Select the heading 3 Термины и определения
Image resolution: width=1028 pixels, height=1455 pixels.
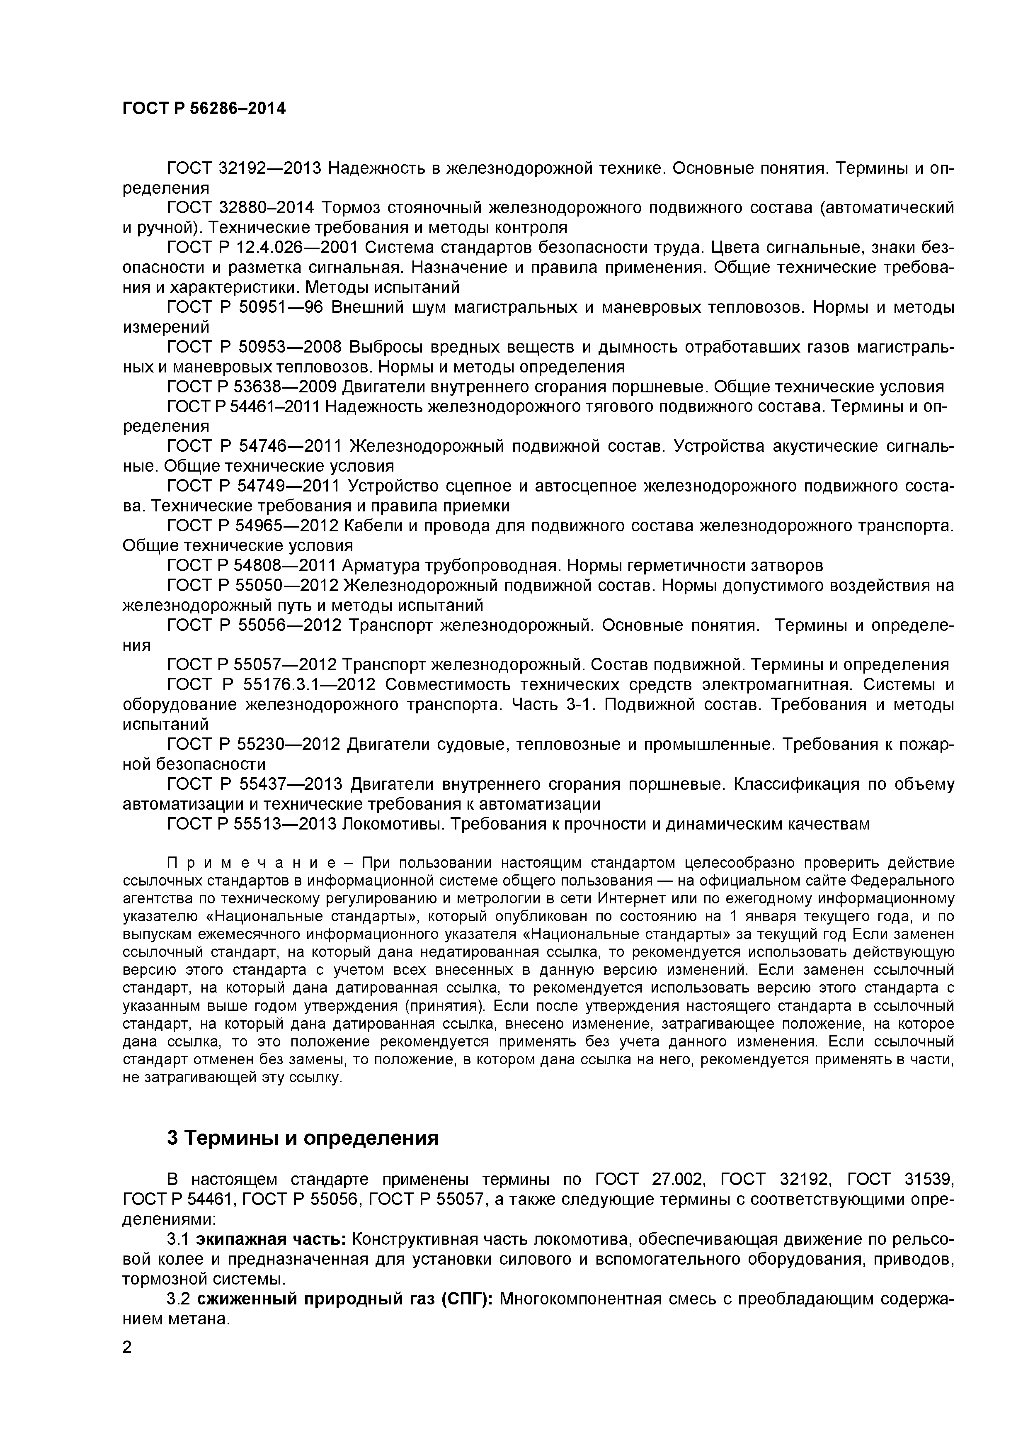coord(303,1138)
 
